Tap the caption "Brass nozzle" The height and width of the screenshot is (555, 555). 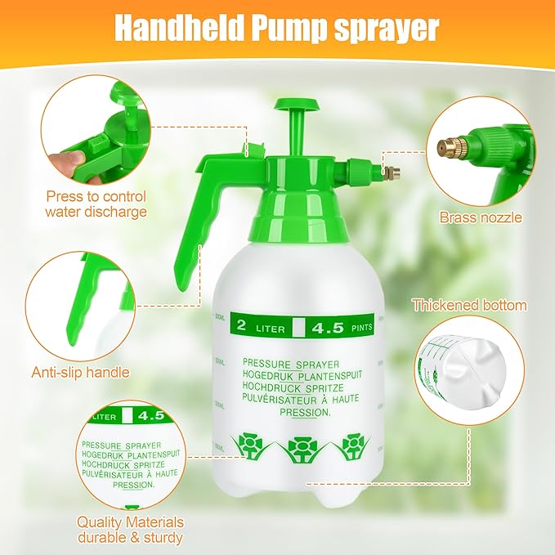pos(481,217)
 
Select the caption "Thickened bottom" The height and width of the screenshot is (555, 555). pos(469,305)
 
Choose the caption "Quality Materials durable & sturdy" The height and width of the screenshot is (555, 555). pos(130,530)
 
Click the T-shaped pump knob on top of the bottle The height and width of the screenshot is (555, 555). pos(296,107)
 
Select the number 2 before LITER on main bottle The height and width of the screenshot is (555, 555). pos(241,327)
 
